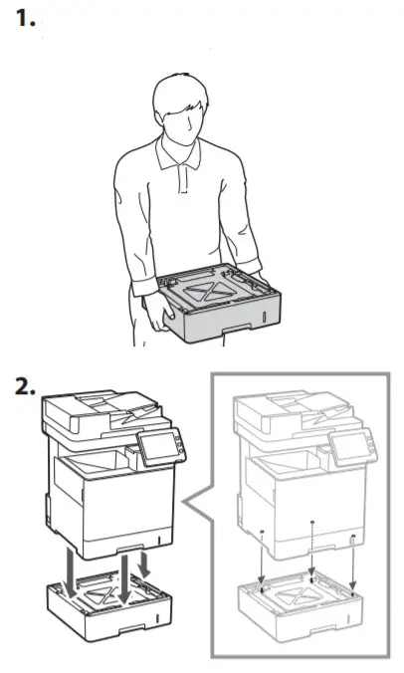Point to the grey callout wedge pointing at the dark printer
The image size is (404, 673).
tap(198, 518)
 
